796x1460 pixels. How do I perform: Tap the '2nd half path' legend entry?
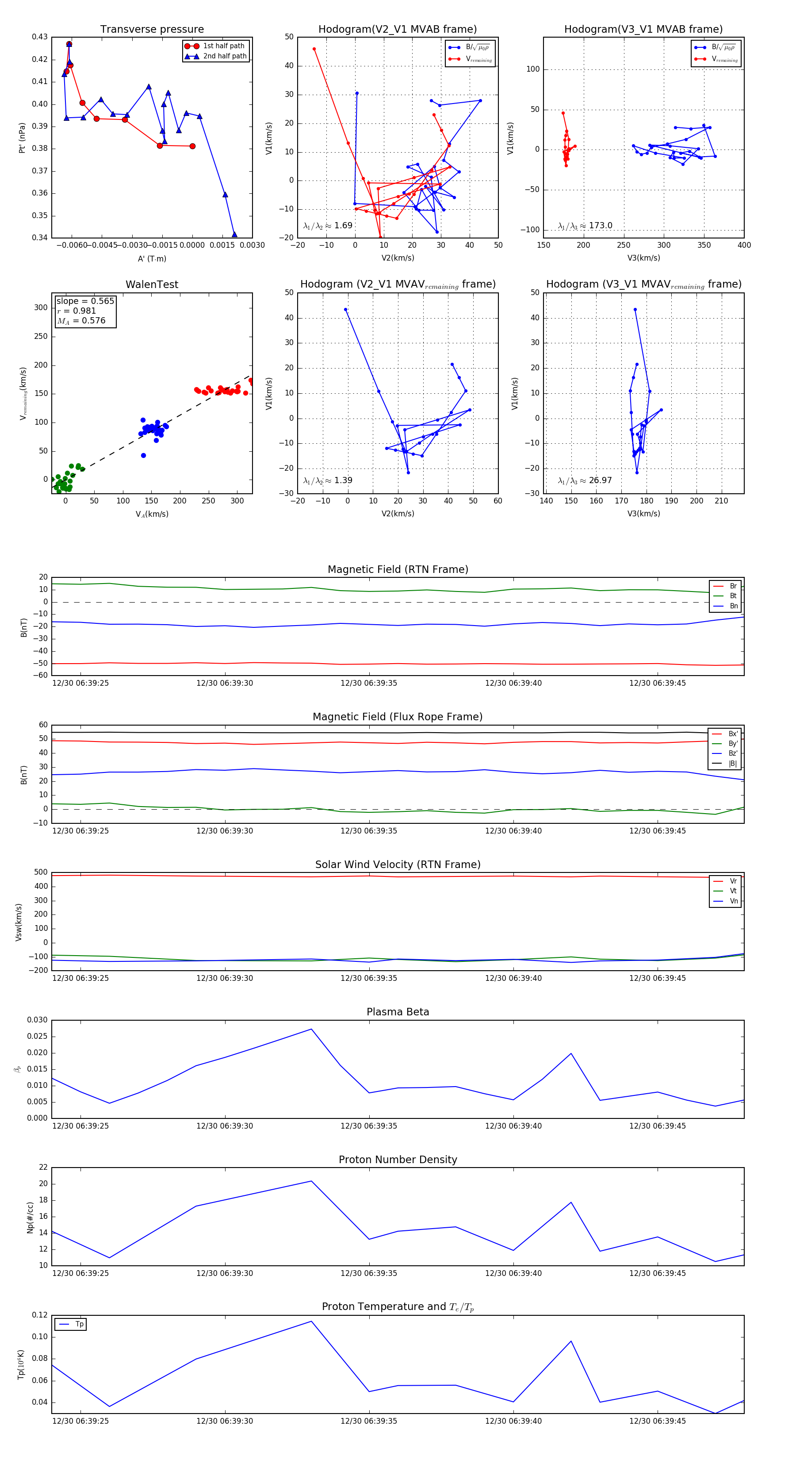tap(224, 56)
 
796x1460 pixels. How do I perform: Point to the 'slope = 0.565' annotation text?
tap(85, 301)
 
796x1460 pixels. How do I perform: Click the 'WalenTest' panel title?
tap(152, 284)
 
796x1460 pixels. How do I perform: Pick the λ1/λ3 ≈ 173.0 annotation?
tap(585, 226)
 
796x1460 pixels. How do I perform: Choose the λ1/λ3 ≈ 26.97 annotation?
tap(585, 480)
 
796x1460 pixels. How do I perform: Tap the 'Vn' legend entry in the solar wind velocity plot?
tap(733, 901)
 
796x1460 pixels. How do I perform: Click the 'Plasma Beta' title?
tap(398, 1012)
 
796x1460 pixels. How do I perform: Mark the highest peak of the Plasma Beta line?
tap(311, 1029)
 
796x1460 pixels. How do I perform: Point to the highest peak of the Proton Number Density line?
tap(311, 1181)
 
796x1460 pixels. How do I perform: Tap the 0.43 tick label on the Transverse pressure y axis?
tap(40, 37)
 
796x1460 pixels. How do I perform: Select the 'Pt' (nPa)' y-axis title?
tap(22, 138)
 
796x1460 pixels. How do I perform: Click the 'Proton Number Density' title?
tap(398, 1160)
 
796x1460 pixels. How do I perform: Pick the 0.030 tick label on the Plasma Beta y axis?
tap(38, 1020)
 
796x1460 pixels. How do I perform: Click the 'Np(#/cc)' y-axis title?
tap(30, 1218)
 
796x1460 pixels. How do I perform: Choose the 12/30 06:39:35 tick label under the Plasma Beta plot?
tap(369, 1126)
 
